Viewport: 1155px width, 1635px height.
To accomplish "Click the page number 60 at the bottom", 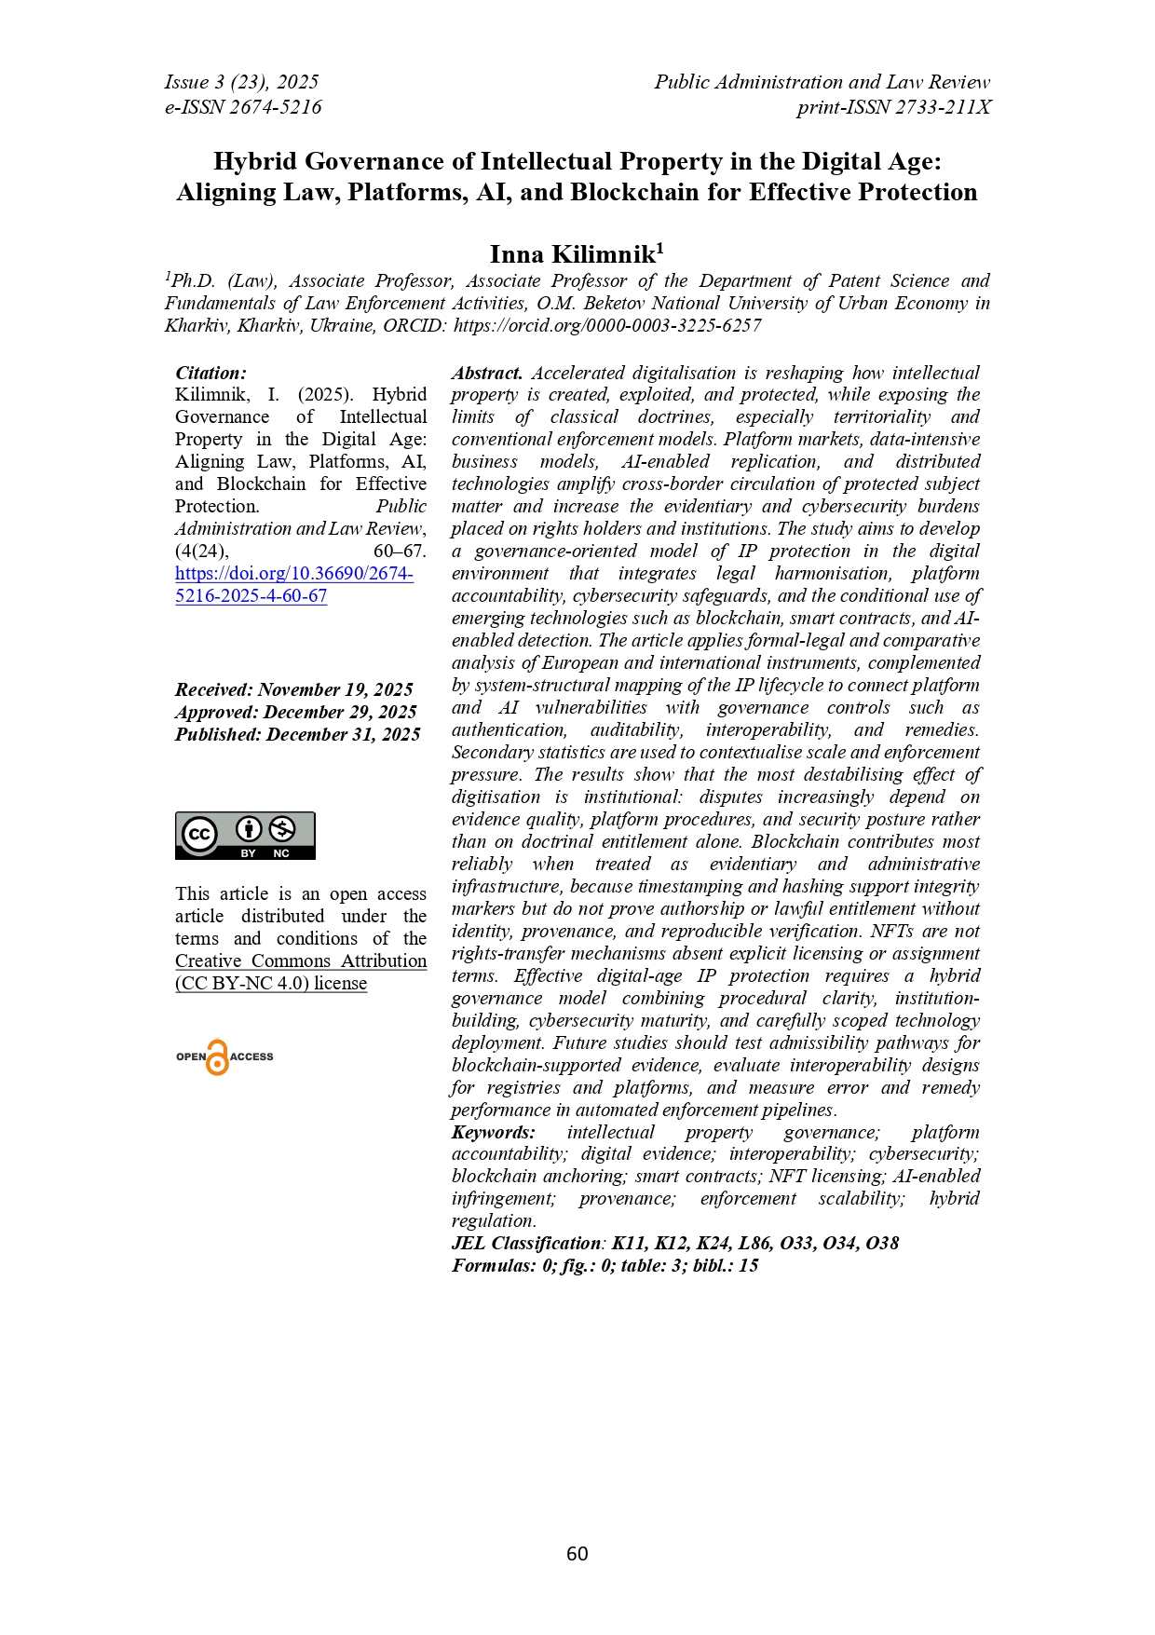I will coord(577,1553).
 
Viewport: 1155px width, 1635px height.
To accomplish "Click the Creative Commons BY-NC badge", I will coord(245,835).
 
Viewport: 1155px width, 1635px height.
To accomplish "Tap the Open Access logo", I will coord(224,1056).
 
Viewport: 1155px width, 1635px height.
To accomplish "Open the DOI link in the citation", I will coord(293,584).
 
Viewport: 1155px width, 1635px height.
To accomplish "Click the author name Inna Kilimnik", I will coord(572,254).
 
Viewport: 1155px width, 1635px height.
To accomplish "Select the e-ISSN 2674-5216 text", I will coord(243,107).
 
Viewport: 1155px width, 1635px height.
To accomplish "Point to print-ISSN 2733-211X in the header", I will coord(892,107).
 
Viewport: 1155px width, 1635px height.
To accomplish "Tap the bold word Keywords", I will coord(493,1132).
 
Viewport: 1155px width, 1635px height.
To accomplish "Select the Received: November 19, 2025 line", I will coord(293,689).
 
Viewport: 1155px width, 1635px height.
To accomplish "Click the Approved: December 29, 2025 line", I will coord(295,712).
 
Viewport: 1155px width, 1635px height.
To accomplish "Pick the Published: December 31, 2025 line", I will coord(297,734).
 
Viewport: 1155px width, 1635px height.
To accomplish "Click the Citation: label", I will coord(211,373).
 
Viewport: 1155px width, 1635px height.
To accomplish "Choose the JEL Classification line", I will coord(674,1243).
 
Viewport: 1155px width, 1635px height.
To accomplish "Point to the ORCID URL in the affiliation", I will coord(607,325).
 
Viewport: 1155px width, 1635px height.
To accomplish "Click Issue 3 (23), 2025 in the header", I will coord(241,82).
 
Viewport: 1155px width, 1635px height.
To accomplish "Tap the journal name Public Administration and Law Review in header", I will coord(822,82).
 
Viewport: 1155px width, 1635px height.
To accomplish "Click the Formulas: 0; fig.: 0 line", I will coord(605,1265).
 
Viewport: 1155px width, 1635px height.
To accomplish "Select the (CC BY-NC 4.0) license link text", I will coord(270,983).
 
